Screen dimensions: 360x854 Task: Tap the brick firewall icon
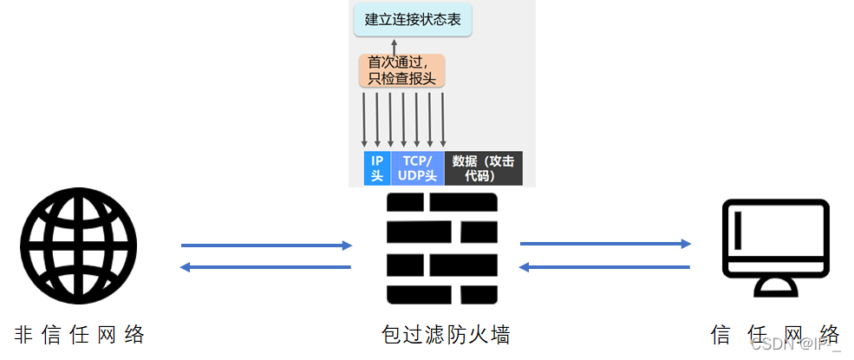pyautogui.click(x=442, y=248)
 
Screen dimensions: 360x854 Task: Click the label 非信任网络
pyautogui.click(x=79, y=334)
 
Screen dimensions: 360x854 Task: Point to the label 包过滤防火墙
pyautogui.click(x=442, y=334)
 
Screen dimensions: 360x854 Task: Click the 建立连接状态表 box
pyautogui.click(x=413, y=19)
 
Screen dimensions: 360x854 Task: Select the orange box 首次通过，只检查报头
pyautogui.click(x=401, y=70)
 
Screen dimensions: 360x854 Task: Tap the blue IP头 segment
pyautogui.click(x=377, y=168)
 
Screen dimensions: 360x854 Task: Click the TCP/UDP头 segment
pyautogui.click(x=417, y=168)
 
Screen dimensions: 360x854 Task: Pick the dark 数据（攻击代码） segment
pyautogui.click(x=483, y=168)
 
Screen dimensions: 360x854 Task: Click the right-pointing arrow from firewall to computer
pyautogui.click(x=605, y=245)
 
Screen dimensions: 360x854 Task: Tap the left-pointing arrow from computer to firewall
pyautogui.click(x=605, y=266)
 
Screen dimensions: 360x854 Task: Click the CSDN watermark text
pyautogui.click(x=792, y=344)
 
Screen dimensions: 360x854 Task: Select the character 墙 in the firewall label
pyautogui.click(x=497, y=334)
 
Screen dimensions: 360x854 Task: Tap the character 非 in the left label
pyautogui.click(x=24, y=334)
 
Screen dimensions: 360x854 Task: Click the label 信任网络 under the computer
pyautogui.click(x=775, y=334)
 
